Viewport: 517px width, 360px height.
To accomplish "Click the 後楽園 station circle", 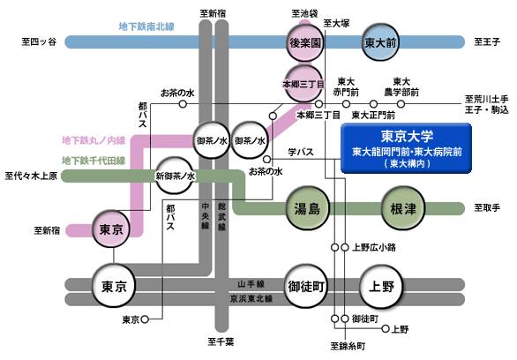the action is point(304,42).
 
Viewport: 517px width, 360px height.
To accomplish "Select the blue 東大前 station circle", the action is point(380,42).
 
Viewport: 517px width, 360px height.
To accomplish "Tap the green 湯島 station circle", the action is point(308,208).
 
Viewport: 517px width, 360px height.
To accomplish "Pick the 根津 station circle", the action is point(403,208).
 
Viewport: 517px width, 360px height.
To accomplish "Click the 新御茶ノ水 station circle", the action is point(175,176).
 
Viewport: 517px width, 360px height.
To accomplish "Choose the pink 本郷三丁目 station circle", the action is point(303,84).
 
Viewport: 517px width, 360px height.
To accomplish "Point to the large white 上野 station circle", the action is point(381,287).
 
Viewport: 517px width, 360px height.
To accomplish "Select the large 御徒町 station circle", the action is point(306,287).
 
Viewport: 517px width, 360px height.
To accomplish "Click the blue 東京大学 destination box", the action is point(406,148).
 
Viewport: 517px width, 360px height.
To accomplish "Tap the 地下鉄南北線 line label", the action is point(146,26).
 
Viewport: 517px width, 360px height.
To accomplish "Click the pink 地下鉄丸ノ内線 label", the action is point(94,140).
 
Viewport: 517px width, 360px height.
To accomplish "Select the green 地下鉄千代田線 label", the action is point(94,161).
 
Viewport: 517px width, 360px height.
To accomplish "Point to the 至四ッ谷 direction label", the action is point(39,41).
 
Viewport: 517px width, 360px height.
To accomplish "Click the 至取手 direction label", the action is point(487,207).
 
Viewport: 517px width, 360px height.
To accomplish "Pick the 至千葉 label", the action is point(221,341).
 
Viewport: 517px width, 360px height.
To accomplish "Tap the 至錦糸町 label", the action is point(348,347).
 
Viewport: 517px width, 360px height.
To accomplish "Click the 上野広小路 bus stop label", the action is point(374,247).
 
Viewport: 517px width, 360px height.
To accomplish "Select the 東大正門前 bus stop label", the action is point(373,115).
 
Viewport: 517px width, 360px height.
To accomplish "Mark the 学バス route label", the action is point(301,152).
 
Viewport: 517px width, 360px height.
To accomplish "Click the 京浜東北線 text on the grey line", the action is point(251,299).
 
